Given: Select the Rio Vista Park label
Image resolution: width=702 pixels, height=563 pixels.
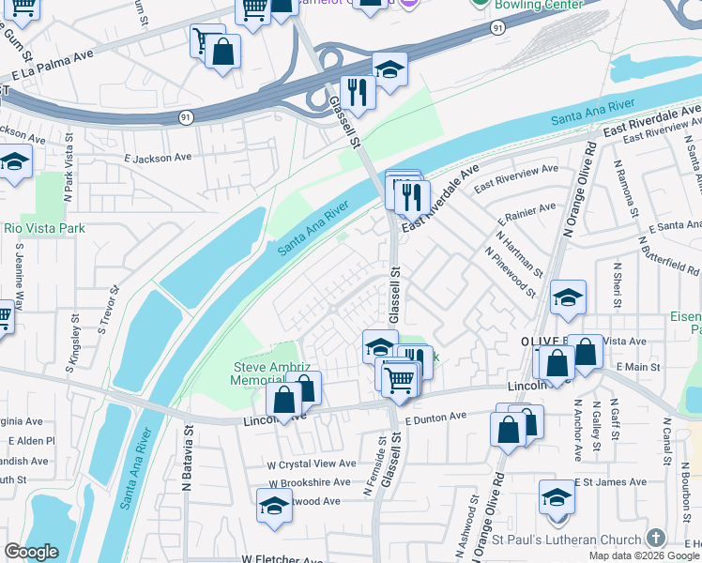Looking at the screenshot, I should coord(44,228).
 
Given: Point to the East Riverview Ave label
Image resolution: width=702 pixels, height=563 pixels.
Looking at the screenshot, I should coord(515,179).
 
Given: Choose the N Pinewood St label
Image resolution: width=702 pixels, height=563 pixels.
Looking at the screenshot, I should coord(511,274).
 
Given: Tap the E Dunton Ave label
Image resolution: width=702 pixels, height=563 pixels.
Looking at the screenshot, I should coord(436,417).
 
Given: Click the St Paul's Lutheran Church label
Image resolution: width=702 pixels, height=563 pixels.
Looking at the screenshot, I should coord(567,540).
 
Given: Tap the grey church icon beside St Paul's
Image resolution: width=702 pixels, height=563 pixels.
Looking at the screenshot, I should coord(655,539).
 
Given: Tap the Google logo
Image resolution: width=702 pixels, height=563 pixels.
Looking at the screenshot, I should coord(31,552).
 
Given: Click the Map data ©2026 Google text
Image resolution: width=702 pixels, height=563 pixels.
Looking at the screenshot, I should coord(644,555).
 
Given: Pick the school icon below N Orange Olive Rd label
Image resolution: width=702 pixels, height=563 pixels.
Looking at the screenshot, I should coord(568,297).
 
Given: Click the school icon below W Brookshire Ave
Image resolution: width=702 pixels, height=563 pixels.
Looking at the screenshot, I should coord(274,505).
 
